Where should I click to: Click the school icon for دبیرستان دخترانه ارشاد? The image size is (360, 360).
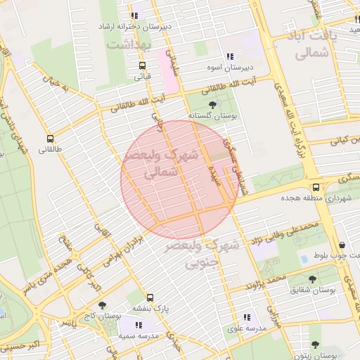[134, 15]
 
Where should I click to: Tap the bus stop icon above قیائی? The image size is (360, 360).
[143, 65]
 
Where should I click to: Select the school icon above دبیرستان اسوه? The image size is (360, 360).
[230, 56]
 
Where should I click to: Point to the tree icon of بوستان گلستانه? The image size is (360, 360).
[213, 104]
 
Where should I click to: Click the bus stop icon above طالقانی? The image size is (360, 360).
[50, 139]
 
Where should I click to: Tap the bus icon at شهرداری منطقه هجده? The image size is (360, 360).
[316, 187]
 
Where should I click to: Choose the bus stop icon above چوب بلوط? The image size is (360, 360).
[341, 245]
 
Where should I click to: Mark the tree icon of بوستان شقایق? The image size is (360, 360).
[312, 278]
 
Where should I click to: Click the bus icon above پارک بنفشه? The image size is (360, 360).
[150, 297]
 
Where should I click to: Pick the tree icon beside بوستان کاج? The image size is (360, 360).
[103, 305]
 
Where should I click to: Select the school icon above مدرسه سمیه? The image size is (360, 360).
[139, 325]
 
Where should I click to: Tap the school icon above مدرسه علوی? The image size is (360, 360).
[246, 318]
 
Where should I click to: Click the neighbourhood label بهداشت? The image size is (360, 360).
[129, 44]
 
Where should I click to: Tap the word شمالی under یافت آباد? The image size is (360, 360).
[314, 52]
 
